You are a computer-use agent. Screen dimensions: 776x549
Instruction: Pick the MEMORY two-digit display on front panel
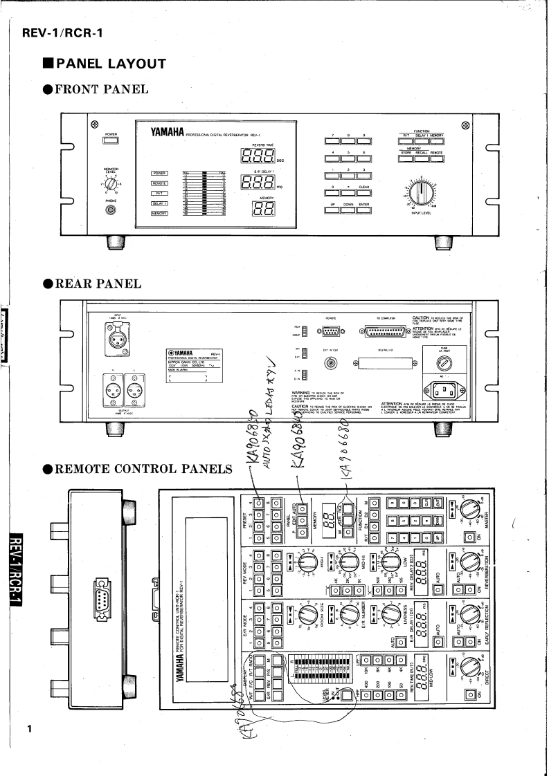point(258,210)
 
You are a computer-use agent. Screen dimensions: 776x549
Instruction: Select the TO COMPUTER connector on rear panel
point(385,333)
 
